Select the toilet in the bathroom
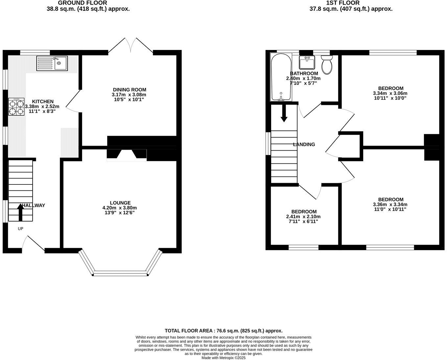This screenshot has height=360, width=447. click(x=327, y=64)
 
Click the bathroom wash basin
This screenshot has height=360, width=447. click(x=307, y=61)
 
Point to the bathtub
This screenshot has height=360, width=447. click(x=280, y=77)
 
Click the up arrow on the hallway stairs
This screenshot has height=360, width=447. click(x=20, y=212)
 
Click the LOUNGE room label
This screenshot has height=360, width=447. click(x=120, y=203)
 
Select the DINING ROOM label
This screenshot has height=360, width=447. click(x=129, y=90)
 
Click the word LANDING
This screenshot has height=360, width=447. click(x=304, y=144)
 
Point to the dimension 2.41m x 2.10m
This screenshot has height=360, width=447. click(x=303, y=217)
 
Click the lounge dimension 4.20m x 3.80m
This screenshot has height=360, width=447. click(x=120, y=208)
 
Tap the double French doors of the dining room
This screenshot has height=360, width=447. click(x=131, y=46)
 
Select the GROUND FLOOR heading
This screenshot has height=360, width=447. click(x=82, y=3)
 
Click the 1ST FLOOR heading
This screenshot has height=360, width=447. click(x=342, y=3)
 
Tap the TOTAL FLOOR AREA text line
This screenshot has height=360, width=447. click(x=223, y=331)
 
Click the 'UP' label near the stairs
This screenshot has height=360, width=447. click(x=20, y=228)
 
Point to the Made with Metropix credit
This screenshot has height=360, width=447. click(x=223, y=358)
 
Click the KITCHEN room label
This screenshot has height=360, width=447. click(x=43, y=102)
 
